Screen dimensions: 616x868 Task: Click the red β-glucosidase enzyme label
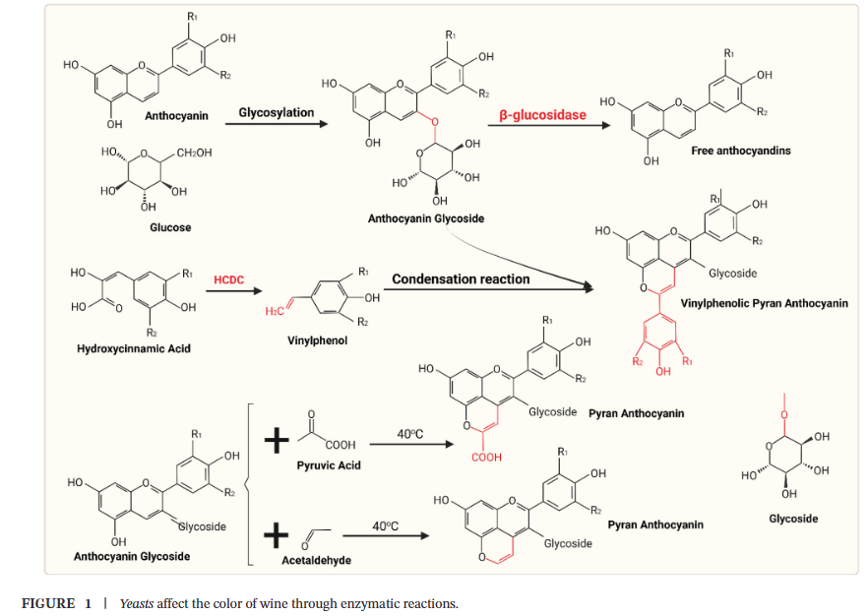(x=542, y=115)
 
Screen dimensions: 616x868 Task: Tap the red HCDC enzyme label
(x=228, y=280)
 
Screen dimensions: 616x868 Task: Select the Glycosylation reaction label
(x=277, y=112)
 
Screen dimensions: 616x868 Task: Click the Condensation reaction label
(x=461, y=279)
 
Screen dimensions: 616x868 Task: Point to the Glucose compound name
(x=169, y=227)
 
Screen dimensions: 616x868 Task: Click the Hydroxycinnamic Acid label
(x=133, y=348)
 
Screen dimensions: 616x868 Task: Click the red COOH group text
(x=486, y=457)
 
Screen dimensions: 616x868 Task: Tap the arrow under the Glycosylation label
(x=277, y=126)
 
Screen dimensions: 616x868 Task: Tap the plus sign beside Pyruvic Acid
(x=278, y=442)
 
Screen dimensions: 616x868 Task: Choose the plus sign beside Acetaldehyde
(x=278, y=536)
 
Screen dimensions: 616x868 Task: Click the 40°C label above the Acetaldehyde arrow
(x=386, y=526)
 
